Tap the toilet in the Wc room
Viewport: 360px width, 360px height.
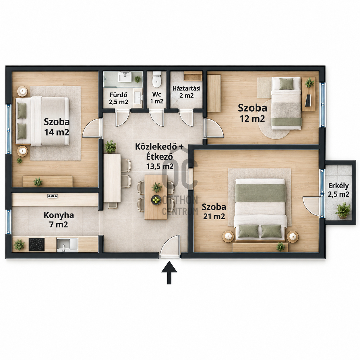156,80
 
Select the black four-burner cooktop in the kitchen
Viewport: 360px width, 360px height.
36,244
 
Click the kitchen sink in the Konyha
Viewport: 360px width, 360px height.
67,245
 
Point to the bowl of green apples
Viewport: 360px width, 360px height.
156,200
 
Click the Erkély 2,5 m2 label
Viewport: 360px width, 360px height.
338,190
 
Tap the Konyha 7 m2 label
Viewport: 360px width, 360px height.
59,220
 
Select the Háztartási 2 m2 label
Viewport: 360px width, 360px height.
186,92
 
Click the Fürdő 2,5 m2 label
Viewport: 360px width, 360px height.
119,98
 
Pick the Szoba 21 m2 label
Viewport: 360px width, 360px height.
214,212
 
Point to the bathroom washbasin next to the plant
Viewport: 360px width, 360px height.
125,77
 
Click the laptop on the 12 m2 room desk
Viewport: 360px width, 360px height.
308,100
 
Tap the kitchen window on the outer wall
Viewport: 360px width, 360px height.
9,222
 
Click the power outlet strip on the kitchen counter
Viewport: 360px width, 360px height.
53,196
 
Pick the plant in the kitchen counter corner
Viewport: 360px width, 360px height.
19,245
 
